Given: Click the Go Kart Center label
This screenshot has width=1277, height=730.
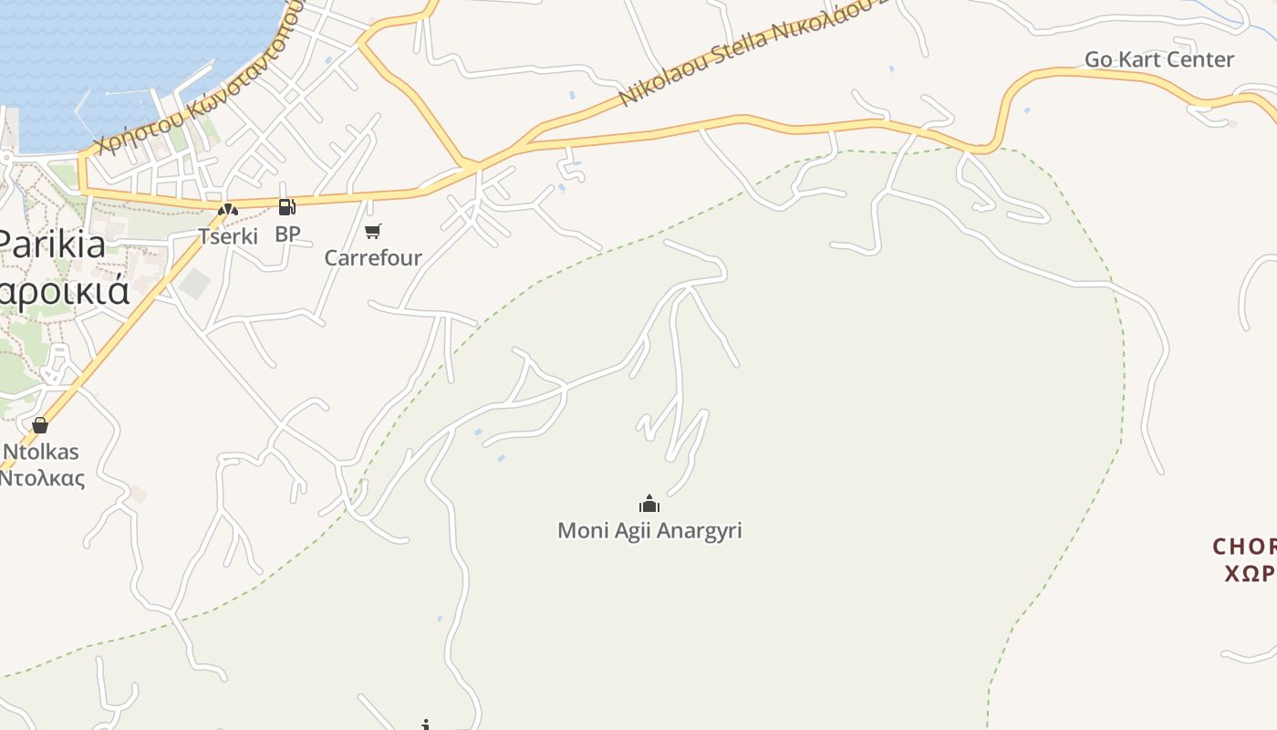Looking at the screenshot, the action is coord(1158,59).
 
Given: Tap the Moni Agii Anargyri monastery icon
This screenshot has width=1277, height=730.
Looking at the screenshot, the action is coord(649,504).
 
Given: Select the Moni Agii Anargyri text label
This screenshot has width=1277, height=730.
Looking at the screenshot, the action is coord(649,530).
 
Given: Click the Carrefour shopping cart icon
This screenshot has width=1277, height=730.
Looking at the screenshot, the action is coord(372,231).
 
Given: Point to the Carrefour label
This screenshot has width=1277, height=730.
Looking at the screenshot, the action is coord(373,257).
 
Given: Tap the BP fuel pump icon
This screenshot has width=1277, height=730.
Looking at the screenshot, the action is coord(286,208).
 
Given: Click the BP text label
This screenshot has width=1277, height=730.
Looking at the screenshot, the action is coord(287,234).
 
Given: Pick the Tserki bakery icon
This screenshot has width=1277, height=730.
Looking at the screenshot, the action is coord(227,210).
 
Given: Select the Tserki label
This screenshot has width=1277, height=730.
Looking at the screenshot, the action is coord(228,235).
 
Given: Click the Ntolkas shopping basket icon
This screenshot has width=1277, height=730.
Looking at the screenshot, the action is coord(39,425).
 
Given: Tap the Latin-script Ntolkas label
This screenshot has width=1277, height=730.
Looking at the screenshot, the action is coord(41,452).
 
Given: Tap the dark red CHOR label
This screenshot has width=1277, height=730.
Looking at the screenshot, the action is coord(1244,547).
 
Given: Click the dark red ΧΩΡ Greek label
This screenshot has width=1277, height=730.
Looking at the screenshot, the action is coord(1249,573).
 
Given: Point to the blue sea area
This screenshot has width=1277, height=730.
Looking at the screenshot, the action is coord(119,46).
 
